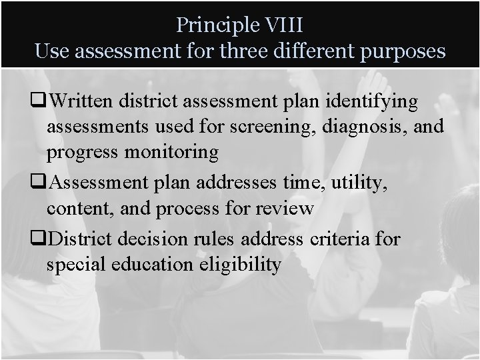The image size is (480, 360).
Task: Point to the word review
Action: point(283,208)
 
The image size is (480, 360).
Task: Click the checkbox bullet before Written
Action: point(41,102)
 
